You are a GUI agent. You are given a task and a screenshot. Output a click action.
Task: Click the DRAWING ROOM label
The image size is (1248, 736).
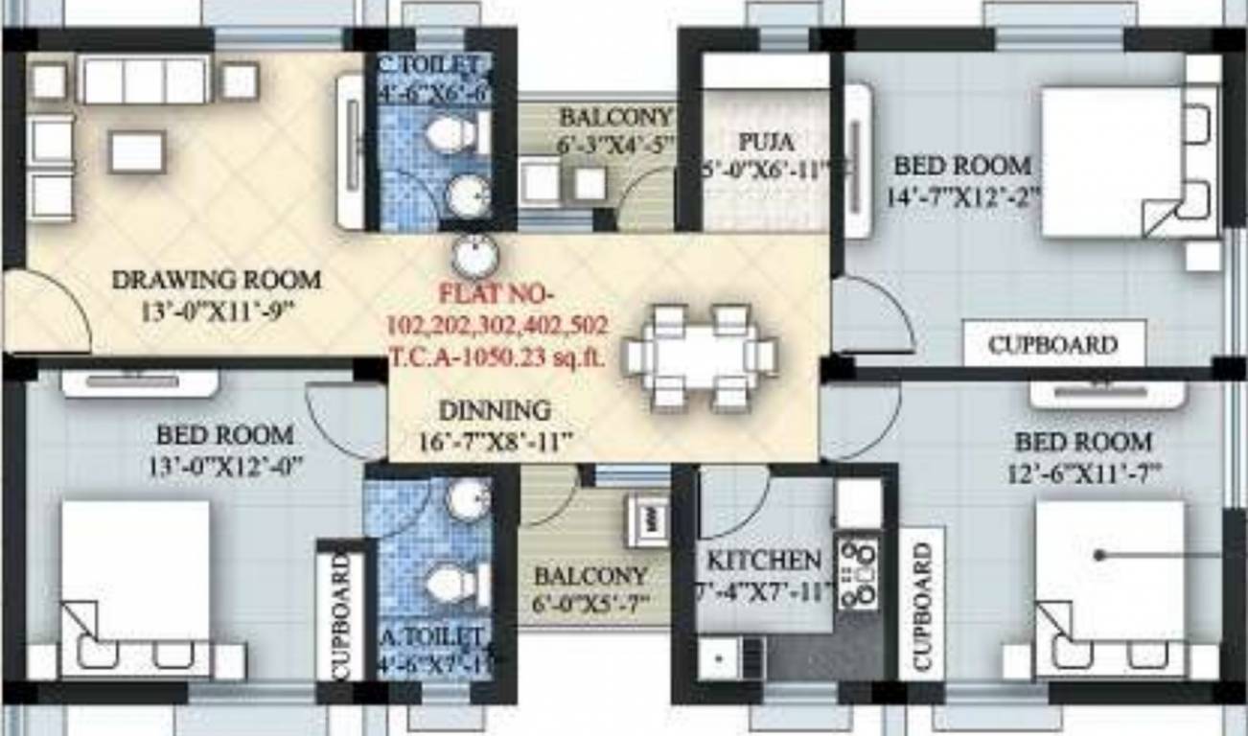[x=217, y=281]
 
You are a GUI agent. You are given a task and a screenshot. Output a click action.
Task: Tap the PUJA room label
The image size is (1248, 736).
[x=766, y=142]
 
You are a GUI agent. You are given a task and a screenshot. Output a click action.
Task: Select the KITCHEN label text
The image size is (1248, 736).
[x=763, y=560]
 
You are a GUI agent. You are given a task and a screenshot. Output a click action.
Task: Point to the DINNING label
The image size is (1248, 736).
[x=495, y=410]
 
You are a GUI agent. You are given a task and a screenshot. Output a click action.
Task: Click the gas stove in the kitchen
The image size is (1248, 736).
[x=858, y=574]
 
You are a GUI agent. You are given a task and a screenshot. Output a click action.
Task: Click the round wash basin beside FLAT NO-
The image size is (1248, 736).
[x=473, y=257]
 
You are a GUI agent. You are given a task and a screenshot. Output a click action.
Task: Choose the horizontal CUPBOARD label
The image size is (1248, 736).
[x=1053, y=344]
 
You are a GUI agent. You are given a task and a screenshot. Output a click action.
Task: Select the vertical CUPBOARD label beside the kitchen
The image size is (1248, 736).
[x=922, y=605]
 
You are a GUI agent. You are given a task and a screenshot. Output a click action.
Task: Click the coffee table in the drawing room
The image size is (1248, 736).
[x=136, y=151]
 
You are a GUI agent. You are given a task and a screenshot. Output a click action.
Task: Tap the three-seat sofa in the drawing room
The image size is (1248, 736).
[x=144, y=80]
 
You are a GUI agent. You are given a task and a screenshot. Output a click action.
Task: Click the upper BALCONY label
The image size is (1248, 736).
[x=615, y=117]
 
